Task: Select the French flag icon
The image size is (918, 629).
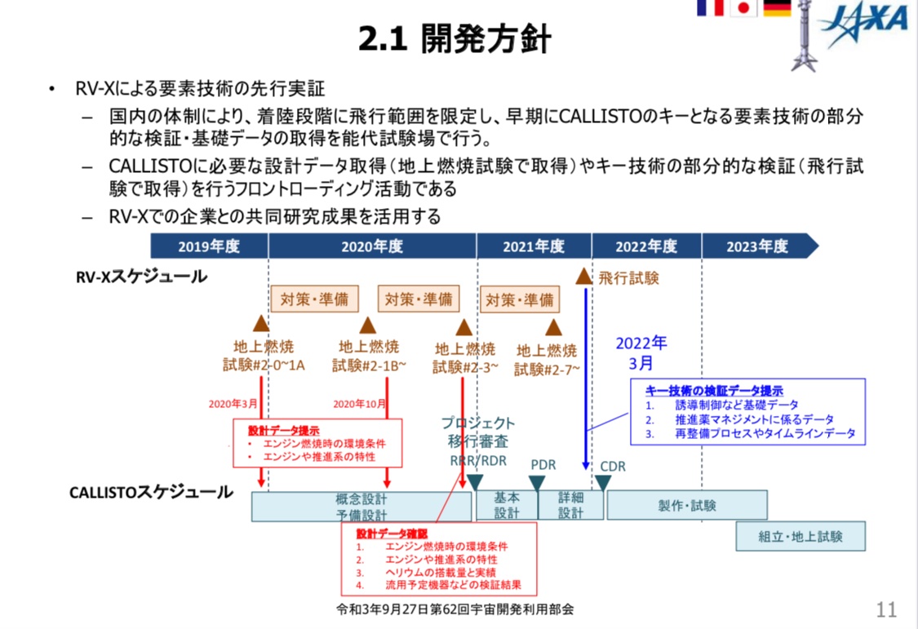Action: [709, 8]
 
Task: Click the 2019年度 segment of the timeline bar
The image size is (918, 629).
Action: [210, 246]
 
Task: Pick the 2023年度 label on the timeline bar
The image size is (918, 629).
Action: [757, 246]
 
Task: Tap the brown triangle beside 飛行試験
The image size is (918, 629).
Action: [583, 276]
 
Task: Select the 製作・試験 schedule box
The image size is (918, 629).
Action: [686, 505]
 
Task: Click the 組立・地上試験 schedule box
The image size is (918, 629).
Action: [800, 537]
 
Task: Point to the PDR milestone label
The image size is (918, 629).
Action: [543, 465]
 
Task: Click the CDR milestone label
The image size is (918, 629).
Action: [613, 466]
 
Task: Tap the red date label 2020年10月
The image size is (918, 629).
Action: [359, 404]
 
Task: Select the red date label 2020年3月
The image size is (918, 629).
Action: [233, 404]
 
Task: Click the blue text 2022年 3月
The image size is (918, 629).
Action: [641, 351]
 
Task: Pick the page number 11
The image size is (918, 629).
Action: [886, 609]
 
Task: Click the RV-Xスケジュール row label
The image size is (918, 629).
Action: [141, 277]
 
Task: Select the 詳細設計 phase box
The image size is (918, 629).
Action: [571, 505]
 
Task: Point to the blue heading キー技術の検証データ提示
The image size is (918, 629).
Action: [714, 391]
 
